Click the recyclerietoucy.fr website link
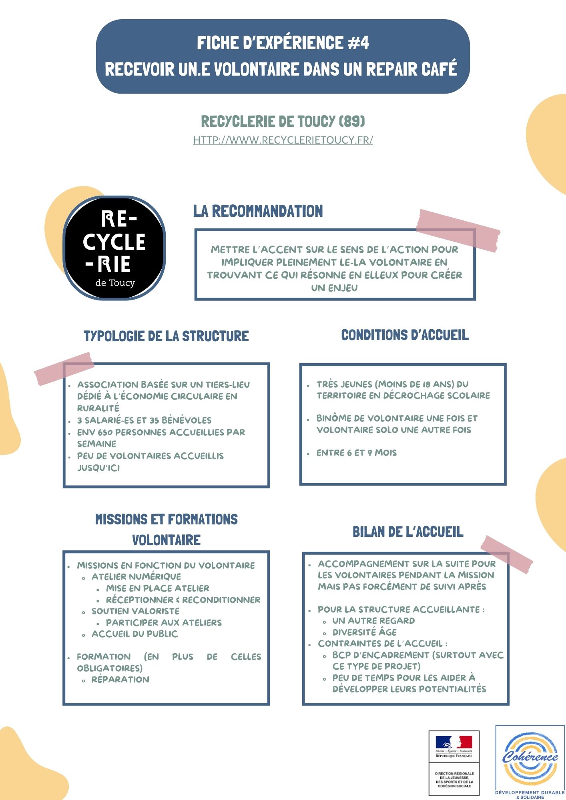[283, 140]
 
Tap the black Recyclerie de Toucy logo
[114, 248]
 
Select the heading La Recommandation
[258, 211]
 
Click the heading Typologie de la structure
[166, 336]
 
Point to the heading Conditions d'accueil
[405, 335]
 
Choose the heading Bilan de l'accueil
[408, 532]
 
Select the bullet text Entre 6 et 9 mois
[356, 453]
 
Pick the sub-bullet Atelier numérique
[136, 577]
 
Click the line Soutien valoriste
[135, 611]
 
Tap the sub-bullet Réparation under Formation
[120, 680]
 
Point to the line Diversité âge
[364, 632]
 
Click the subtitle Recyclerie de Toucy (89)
[283, 121]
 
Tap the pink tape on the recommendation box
[458, 230]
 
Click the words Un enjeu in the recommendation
[334, 288]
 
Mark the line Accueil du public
[134, 634]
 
